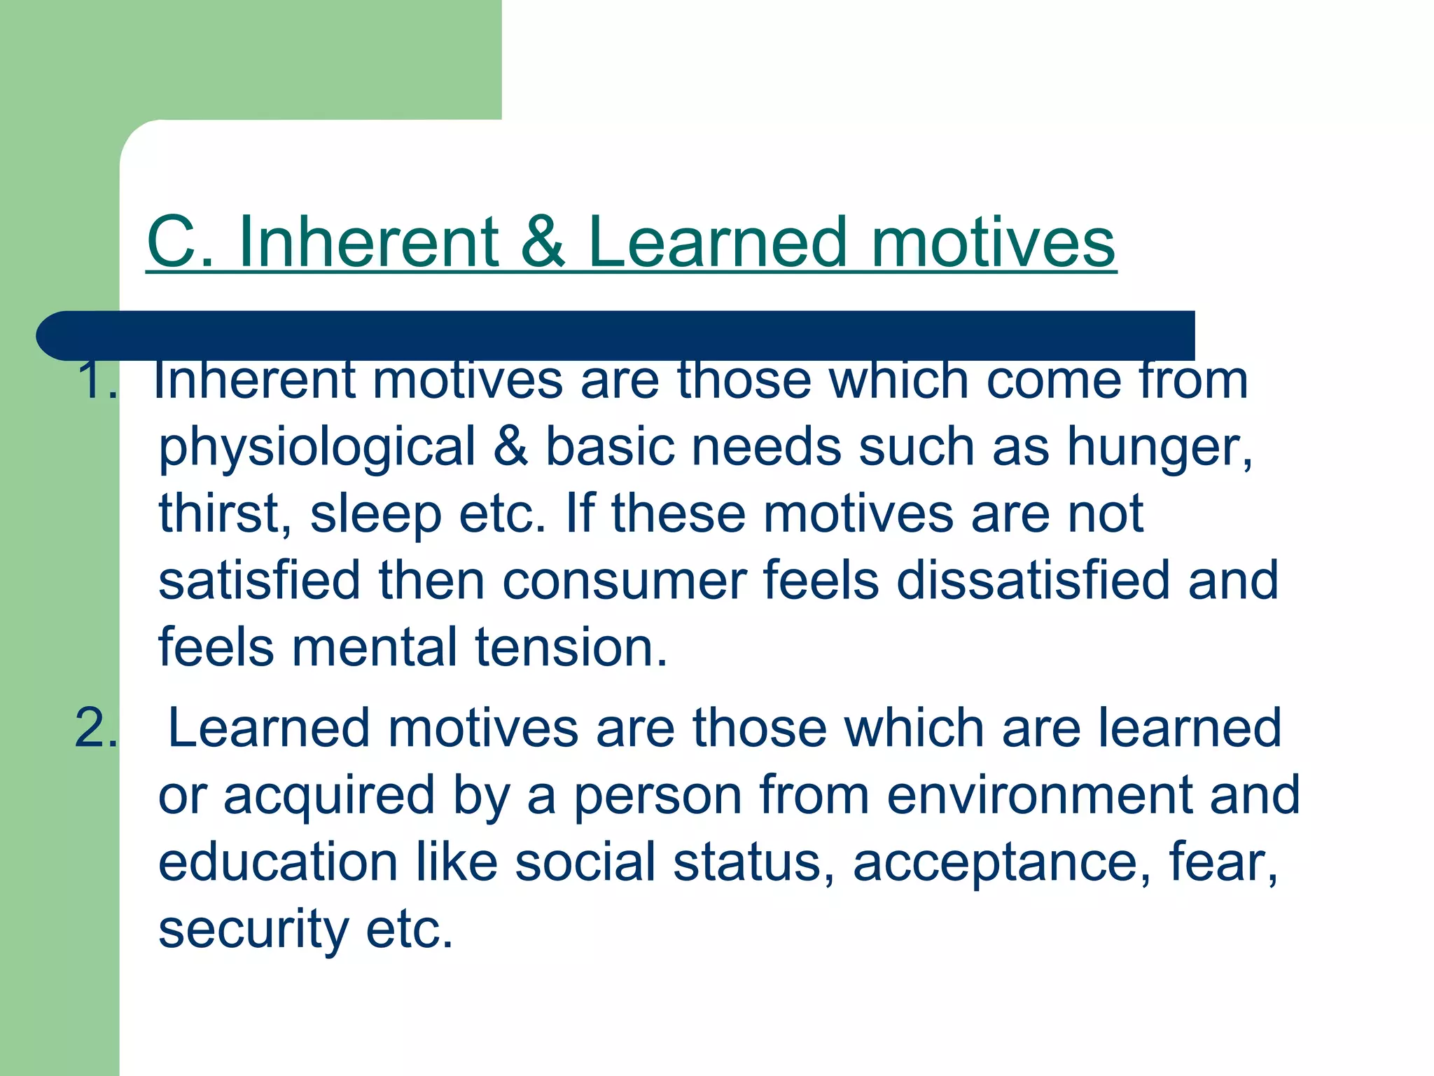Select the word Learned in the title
(718, 242)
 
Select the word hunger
(1159, 448)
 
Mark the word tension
(571, 647)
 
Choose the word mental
(374, 647)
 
